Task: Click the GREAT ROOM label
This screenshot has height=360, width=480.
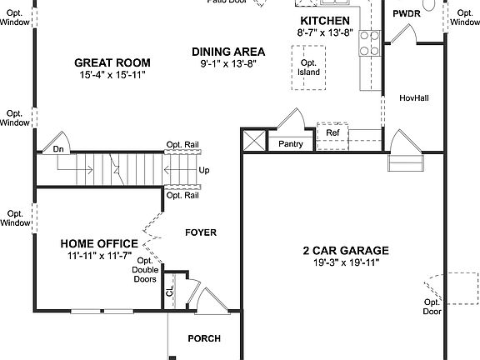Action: click(112, 62)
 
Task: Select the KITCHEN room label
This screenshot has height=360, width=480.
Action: click(324, 21)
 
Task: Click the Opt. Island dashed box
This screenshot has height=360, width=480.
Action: click(308, 67)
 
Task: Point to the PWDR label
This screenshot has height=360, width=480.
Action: click(407, 14)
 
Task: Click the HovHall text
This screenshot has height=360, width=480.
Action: click(414, 97)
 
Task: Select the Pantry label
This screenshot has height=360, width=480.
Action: click(291, 144)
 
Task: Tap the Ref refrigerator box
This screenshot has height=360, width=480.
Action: click(332, 133)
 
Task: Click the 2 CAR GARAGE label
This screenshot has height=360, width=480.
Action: click(346, 250)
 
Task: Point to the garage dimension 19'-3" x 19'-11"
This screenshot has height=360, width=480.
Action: click(346, 263)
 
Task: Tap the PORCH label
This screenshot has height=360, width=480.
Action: click(203, 338)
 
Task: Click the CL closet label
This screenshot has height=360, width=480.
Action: click(170, 292)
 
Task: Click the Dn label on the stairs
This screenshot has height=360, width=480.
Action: click(58, 150)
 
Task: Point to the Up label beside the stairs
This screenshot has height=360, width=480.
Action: click(204, 171)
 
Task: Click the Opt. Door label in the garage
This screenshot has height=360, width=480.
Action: click(431, 307)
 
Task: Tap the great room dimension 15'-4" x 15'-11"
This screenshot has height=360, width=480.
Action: click(112, 75)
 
